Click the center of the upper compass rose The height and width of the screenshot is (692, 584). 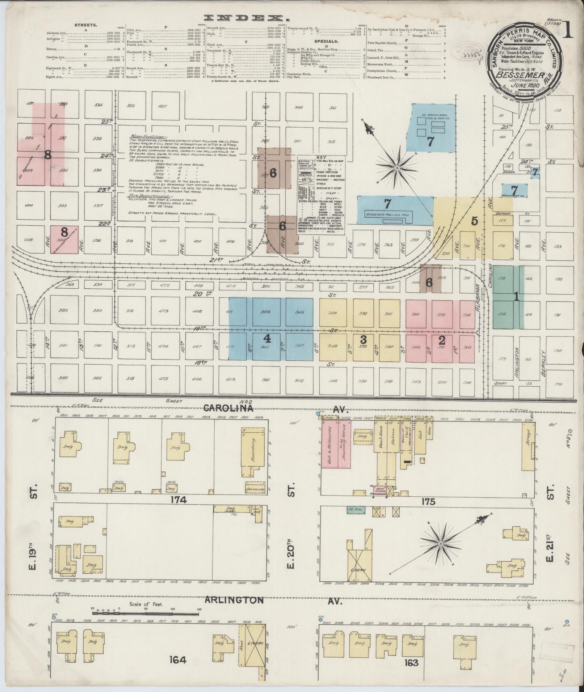click(x=397, y=168)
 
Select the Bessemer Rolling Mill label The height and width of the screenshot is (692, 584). click(x=388, y=215)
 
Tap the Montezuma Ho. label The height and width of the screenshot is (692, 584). click(x=513, y=196)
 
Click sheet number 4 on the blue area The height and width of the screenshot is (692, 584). click(x=267, y=338)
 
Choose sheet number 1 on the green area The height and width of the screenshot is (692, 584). click(x=517, y=297)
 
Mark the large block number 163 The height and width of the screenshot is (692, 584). click(x=412, y=662)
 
